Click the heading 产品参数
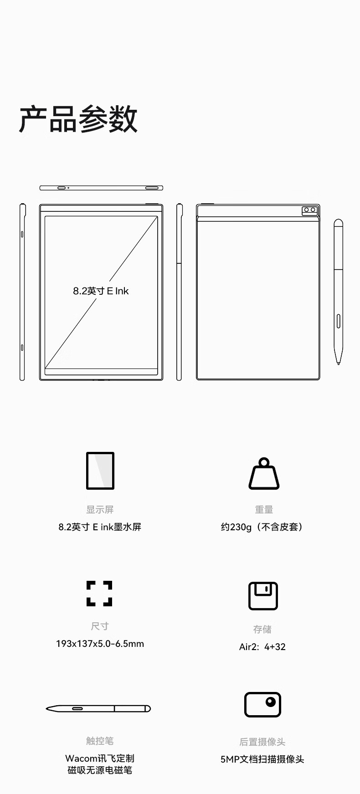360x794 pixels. pyautogui.click(x=78, y=119)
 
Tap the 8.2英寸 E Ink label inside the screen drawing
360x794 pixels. pyautogui.click(x=101, y=291)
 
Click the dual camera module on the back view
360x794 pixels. pyautogui.click(x=310, y=211)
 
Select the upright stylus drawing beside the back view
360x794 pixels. pyautogui.click(x=338, y=292)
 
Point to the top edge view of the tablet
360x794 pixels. pyautogui.click(x=101, y=188)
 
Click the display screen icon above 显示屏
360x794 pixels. pyautogui.click(x=100, y=471)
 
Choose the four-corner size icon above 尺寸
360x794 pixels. pyautogui.click(x=99, y=593)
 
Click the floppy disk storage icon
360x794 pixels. pyautogui.click(x=263, y=595)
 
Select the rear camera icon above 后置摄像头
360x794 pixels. pyautogui.click(x=262, y=704)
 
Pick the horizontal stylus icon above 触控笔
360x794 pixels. pyautogui.click(x=98, y=708)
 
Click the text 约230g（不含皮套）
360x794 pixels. pyautogui.click(x=262, y=527)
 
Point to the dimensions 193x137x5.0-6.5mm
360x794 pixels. pyautogui.click(x=100, y=644)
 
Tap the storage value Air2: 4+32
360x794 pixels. pyautogui.click(x=262, y=647)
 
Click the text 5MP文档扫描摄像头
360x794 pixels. pyautogui.click(x=262, y=759)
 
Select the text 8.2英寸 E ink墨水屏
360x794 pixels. pyautogui.click(x=100, y=527)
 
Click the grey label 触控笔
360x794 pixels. pyautogui.click(x=100, y=741)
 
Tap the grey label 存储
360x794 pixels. pyautogui.click(x=262, y=629)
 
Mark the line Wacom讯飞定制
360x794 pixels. pyautogui.click(x=100, y=758)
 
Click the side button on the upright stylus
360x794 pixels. pyautogui.click(x=339, y=321)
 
